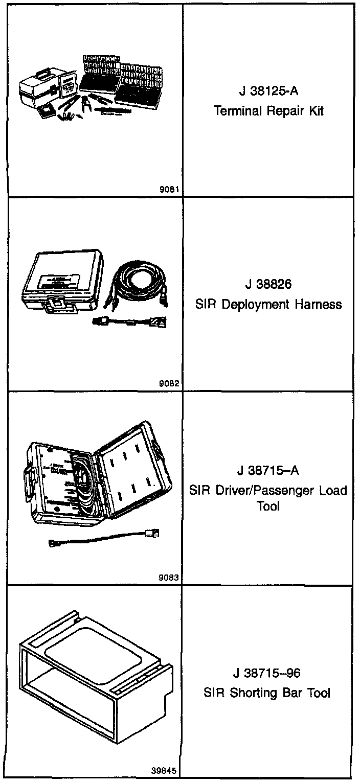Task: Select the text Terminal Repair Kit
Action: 268,111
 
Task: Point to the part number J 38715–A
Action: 268,470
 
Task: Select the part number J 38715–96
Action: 268,674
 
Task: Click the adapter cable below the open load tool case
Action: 102,539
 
